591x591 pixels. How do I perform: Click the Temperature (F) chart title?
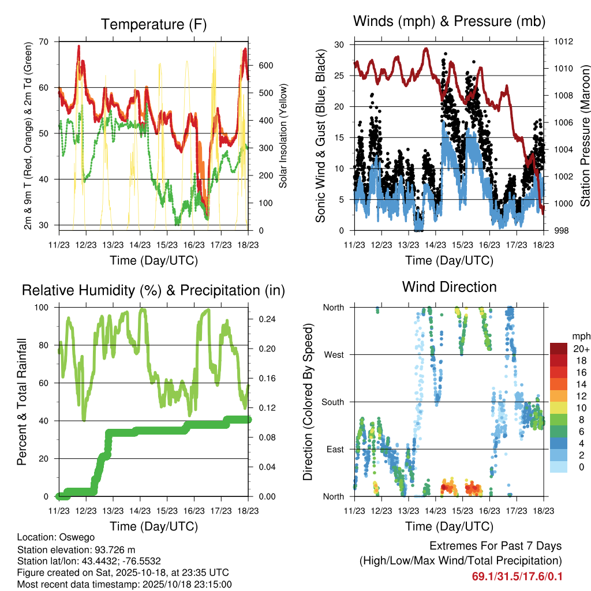click(x=154, y=24)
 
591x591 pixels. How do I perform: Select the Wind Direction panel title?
click(x=449, y=286)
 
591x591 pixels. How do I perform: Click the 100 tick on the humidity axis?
click(x=46, y=308)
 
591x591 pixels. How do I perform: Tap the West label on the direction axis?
click(x=334, y=355)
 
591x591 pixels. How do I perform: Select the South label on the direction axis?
click(x=333, y=402)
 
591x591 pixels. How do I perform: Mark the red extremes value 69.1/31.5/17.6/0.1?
click(x=517, y=577)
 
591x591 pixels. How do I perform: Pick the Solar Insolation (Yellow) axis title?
click(x=283, y=136)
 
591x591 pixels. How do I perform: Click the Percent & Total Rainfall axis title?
click(x=21, y=402)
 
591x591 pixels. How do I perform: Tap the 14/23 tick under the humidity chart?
click(x=140, y=511)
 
